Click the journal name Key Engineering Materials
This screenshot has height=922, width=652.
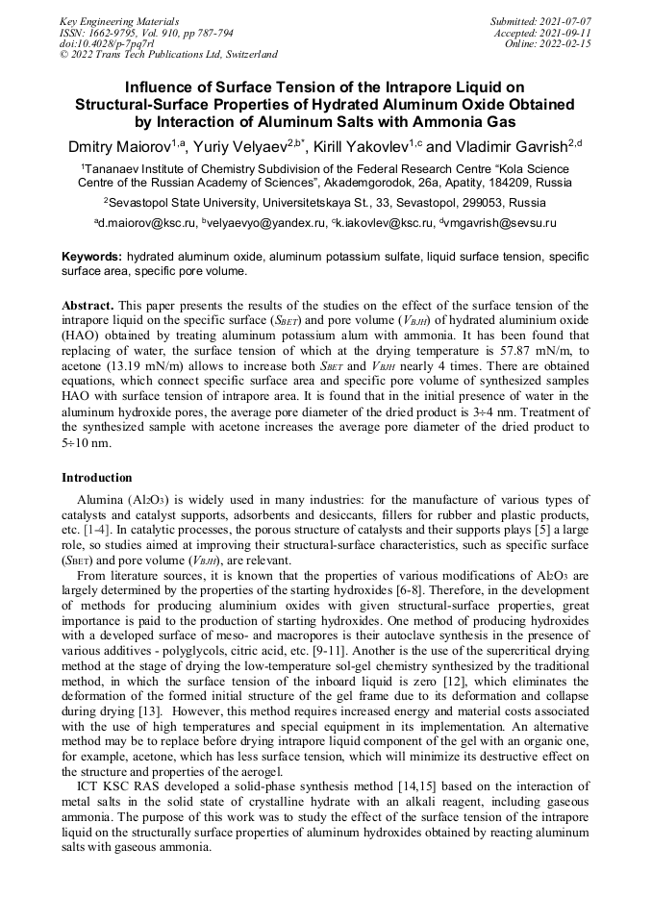[118, 20]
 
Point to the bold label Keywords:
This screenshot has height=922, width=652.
[91, 258]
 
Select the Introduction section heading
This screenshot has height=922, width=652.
[99, 477]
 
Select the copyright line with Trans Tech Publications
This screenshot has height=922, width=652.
[168, 55]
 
